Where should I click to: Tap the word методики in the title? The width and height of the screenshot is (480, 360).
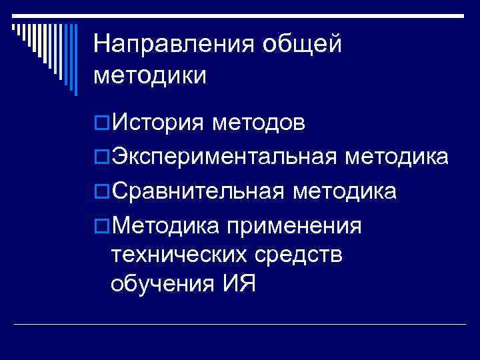click(x=150, y=75)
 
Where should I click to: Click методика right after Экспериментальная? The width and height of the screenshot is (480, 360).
click(x=397, y=157)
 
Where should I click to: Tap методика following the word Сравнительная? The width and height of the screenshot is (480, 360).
click(x=345, y=191)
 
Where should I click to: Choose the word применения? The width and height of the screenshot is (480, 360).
click(x=295, y=226)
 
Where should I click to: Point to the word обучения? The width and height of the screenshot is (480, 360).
click(x=159, y=284)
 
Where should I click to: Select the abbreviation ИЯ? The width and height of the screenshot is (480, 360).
click(x=233, y=284)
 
